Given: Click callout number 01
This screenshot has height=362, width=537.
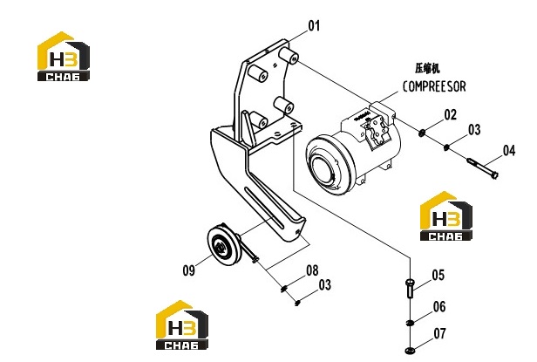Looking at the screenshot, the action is click(314, 25).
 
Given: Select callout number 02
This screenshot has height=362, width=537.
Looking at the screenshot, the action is click(451, 115).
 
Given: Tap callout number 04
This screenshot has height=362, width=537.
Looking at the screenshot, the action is click(509, 151).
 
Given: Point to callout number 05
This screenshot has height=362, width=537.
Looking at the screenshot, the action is click(438, 275).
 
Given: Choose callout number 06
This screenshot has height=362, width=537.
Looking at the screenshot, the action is click(439, 307).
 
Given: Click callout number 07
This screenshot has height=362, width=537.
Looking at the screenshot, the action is click(439, 333).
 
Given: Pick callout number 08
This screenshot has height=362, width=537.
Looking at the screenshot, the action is click(312, 270).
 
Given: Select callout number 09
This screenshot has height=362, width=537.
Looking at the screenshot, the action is click(188, 270).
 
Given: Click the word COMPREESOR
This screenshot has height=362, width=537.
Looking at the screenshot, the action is click(434, 86).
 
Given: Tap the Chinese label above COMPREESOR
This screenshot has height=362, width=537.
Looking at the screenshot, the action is click(427, 68).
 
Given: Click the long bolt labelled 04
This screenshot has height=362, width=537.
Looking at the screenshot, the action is click(483, 168).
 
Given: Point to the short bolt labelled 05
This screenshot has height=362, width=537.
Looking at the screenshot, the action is click(410, 288).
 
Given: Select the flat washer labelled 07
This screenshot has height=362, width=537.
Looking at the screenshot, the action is click(410, 351).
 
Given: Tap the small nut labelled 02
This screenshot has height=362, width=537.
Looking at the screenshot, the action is click(422, 133).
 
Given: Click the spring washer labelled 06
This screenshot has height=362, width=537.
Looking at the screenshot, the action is click(409, 323).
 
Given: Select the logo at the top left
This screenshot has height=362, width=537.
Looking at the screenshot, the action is click(64, 57).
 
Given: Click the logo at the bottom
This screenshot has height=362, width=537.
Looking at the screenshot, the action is click(182, 325).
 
